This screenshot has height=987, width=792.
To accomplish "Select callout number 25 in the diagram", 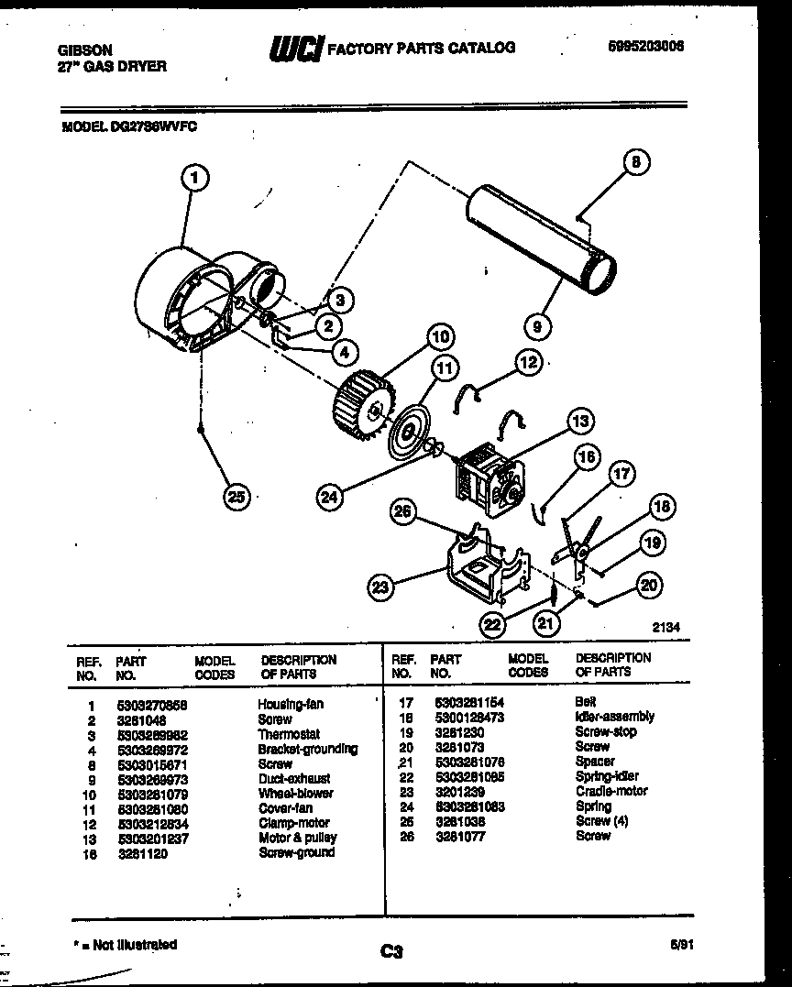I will point(237,497).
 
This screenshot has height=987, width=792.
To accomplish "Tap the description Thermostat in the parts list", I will point(288,734).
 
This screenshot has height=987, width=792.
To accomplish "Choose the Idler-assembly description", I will point(614,717).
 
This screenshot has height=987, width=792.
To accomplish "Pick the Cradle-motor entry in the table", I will point(611,791).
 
